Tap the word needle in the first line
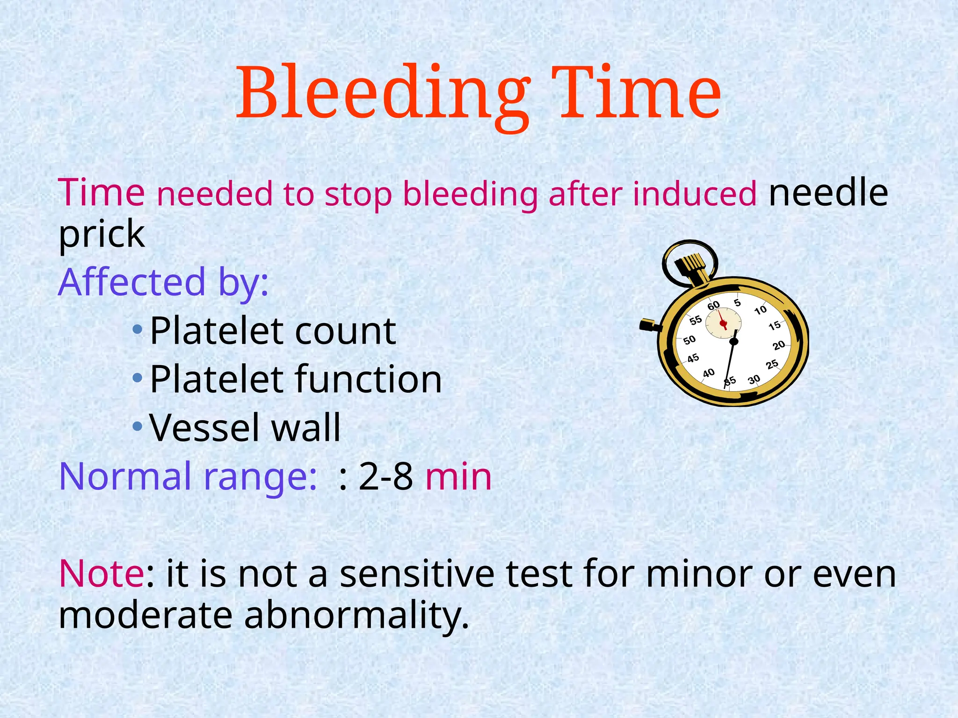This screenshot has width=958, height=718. [x=828, y=193]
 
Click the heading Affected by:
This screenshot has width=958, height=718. [x=163, y=282]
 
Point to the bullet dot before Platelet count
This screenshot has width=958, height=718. [x=137, y=330]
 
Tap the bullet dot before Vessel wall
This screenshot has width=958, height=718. [x=137, y=426]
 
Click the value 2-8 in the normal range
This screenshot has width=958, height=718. [x=385, y=477]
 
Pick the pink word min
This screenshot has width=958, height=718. [x=458, y=477]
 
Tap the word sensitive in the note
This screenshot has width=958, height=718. [x=416, y=574]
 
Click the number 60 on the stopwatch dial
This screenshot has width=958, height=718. [x=713, y=306]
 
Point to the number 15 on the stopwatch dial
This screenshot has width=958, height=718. [x=775, y=325]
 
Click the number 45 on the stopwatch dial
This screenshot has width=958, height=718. [x=693, y=359]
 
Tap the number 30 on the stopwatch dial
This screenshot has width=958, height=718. [x=754, y=380]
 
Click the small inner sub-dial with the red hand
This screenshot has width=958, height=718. [x=723, y=323]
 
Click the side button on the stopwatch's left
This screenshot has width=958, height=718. [x=649, y=324]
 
